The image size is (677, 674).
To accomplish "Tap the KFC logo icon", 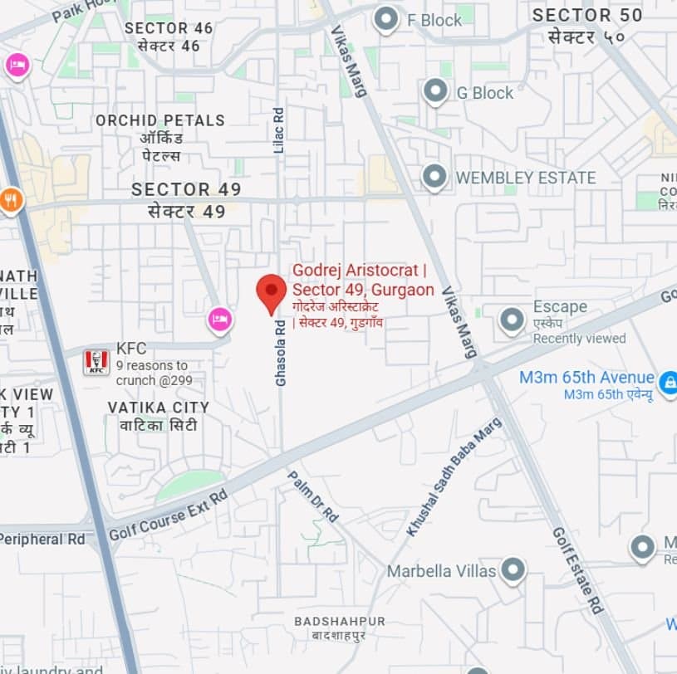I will [96, 361].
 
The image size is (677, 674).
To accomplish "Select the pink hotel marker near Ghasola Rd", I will [219, 318].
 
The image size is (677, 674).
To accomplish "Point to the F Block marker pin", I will [385, 19].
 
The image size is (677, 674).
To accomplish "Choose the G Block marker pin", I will [435, 91].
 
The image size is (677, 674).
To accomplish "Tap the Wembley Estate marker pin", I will [434, 177].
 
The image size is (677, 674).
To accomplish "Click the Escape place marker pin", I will [513, 320].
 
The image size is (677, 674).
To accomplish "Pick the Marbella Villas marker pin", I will [513, 570].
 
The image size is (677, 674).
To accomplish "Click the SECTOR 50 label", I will [587, 15].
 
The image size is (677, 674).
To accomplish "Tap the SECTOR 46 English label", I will [169, 28].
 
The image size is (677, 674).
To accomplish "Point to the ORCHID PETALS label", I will [159, 120].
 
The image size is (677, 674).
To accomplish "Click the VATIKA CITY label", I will [158, 408].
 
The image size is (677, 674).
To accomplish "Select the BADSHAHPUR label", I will [340, 621].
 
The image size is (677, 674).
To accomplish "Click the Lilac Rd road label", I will [279, 129].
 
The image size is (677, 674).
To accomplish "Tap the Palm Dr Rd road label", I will [313, 496].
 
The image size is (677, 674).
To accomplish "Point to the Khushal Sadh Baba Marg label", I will [454, 476].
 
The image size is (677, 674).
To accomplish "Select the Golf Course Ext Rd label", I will [167, 515].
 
